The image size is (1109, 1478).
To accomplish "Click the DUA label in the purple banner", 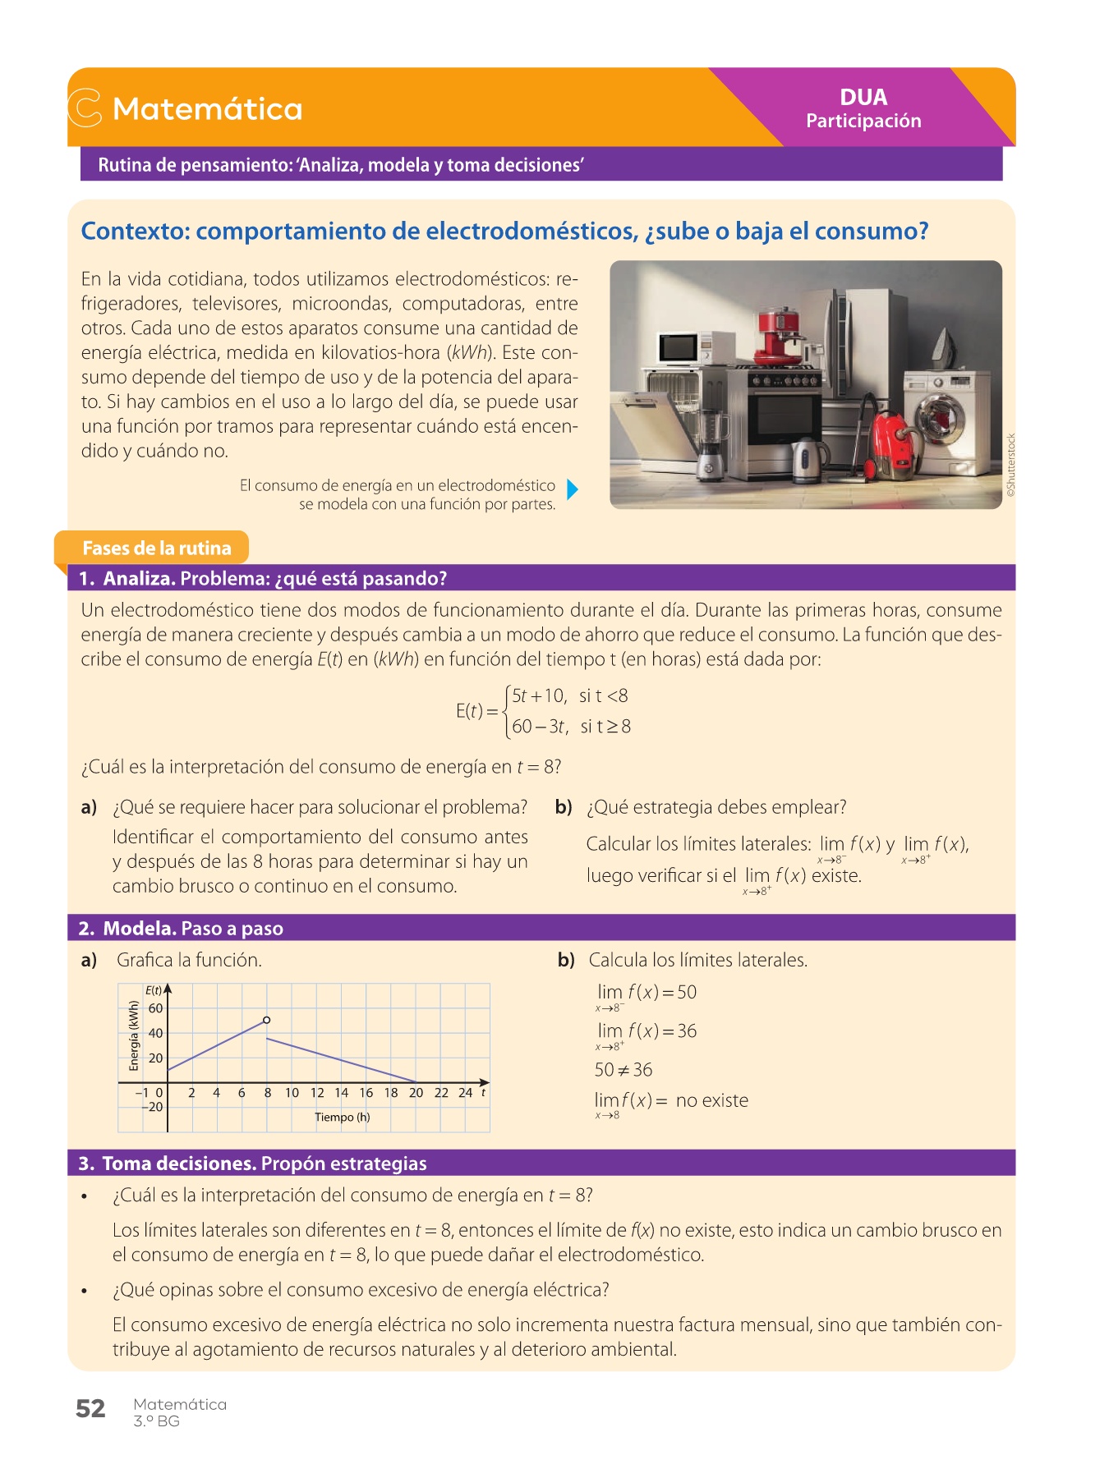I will point(863,97).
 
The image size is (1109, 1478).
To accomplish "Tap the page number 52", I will point(90,1409).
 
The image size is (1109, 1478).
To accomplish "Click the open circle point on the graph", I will point(266,1020).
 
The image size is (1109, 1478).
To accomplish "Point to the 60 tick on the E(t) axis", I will point(155,1008).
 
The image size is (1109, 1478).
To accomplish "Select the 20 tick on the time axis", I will point(416,1093).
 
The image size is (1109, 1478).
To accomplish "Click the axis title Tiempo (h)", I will point(342,1117).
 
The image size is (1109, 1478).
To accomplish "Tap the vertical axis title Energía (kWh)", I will point(135,1035).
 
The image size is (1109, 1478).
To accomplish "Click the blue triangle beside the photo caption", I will point(573,490).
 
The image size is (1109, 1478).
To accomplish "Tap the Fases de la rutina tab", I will point(156,548).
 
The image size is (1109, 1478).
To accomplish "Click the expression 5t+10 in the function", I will point(539,696).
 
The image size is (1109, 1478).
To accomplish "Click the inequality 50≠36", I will point(623,1070).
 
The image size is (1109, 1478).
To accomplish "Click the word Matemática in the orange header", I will point(207,109).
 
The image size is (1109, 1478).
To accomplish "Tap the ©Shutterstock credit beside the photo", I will point(1011,465).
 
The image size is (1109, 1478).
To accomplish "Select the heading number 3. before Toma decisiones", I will point(86,1164).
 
